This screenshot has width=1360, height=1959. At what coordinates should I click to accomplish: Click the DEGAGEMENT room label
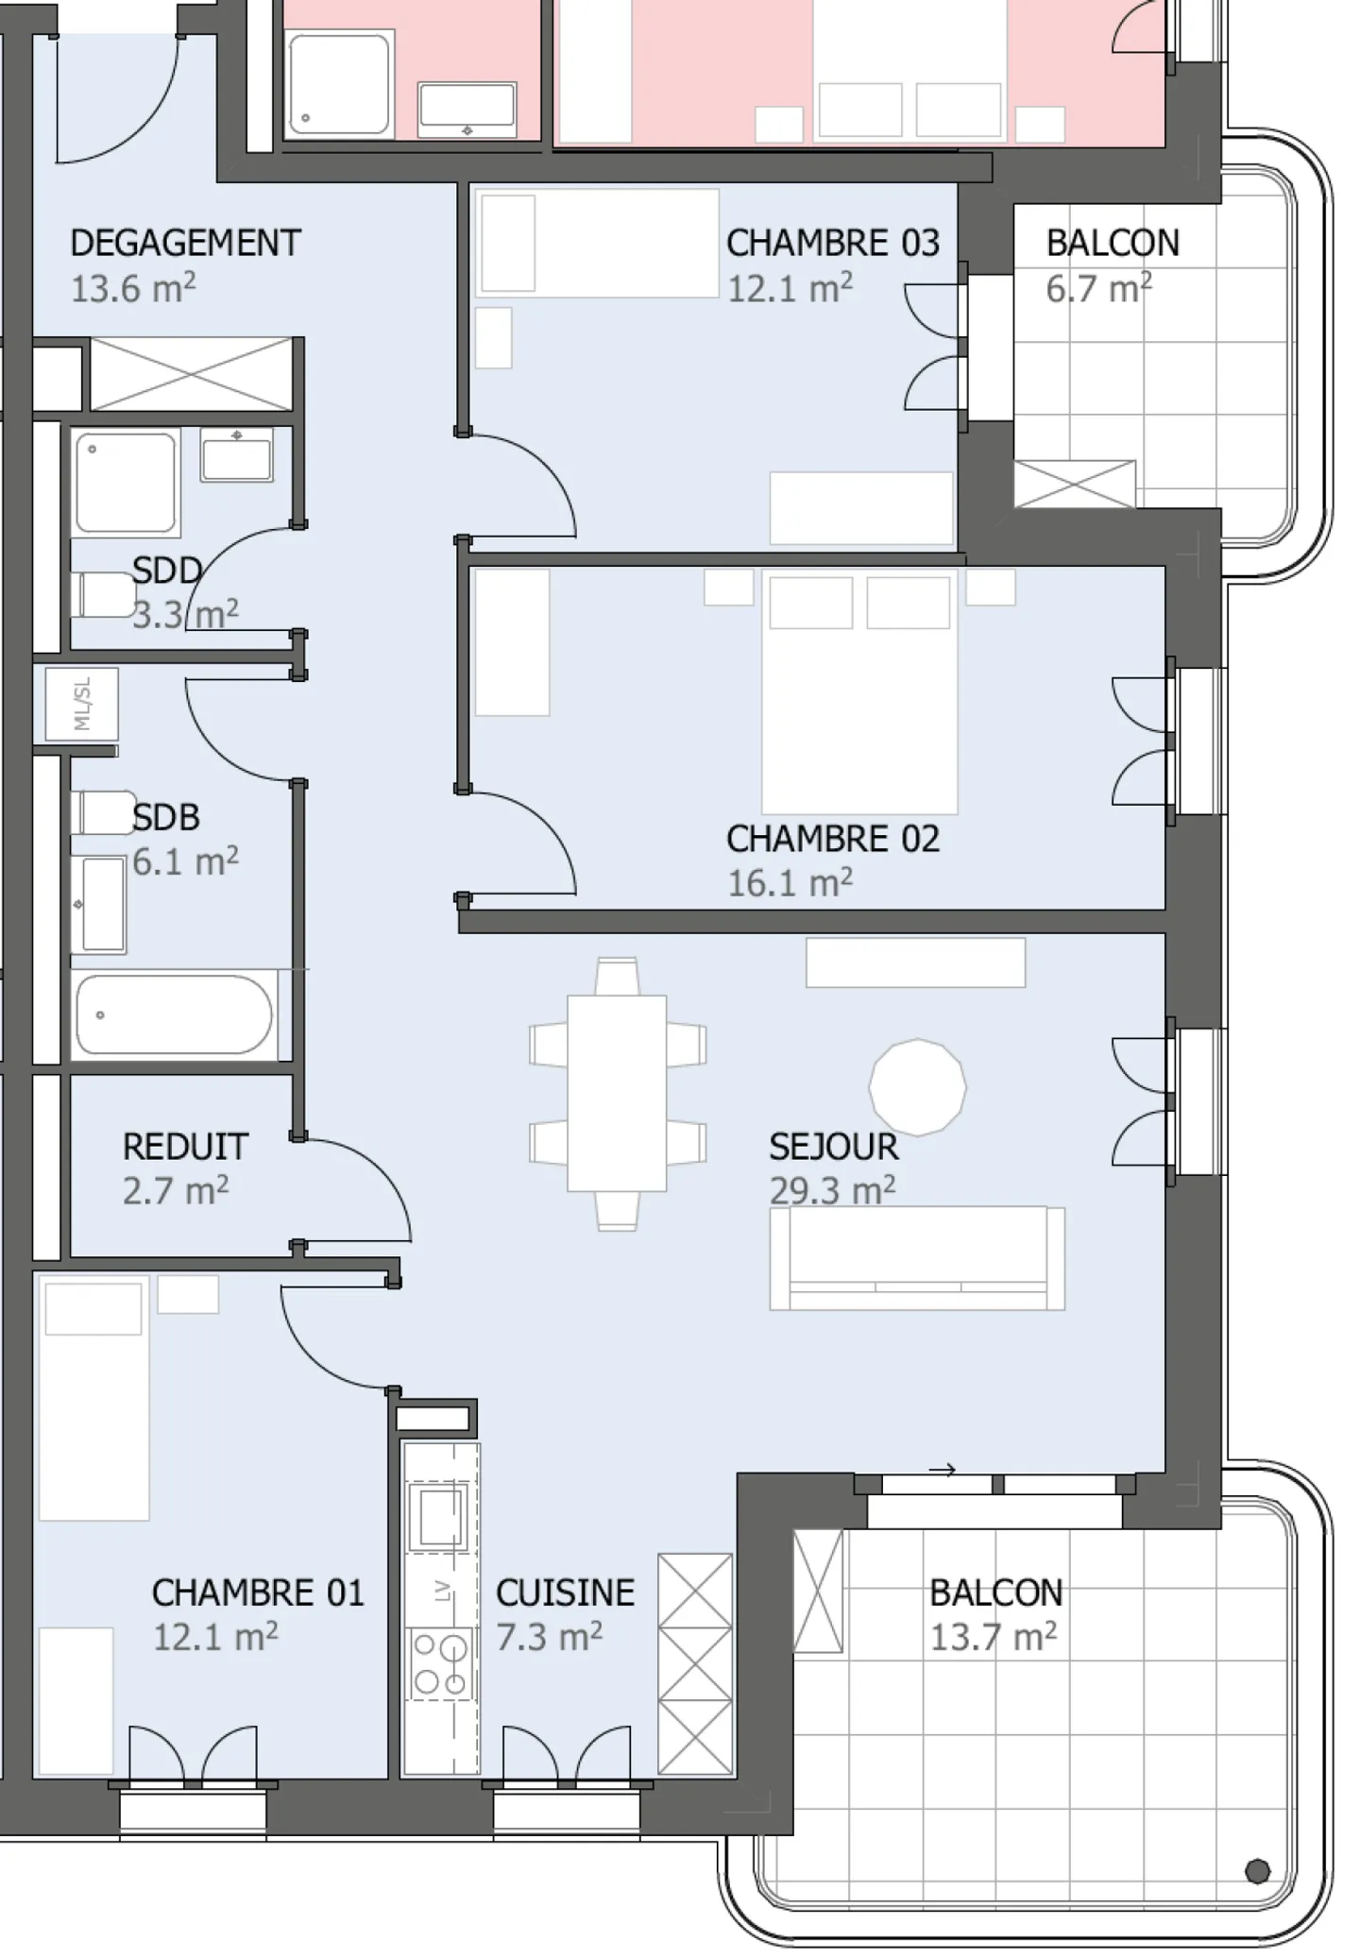point(185,244)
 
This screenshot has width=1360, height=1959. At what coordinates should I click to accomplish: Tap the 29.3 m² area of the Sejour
point(832,1190)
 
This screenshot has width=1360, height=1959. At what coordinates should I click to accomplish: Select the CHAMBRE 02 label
point(833,839)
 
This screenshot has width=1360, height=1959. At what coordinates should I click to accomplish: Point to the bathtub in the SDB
point(175,1015)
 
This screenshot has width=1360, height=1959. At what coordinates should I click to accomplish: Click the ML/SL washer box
point(82,704)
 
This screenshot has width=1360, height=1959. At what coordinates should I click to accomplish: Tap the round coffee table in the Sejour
point(917,1086)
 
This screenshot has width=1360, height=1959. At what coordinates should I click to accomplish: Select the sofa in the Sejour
point(917,1258)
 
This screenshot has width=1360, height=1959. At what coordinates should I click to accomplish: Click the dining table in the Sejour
point(617,1093)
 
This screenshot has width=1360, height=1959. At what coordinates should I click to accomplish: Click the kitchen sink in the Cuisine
point(438,1516)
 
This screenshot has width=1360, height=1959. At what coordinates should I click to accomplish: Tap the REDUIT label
point(185,1147)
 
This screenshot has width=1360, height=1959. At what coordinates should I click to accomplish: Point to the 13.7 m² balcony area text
point(994,1637)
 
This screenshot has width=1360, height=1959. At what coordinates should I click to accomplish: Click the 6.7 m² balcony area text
point(1098,288)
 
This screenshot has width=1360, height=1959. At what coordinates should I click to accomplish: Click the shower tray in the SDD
point(127,483)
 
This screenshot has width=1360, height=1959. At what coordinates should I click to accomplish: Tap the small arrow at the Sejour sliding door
point(943,1470)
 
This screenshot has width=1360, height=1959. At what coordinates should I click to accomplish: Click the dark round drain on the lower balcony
point(1257,1870)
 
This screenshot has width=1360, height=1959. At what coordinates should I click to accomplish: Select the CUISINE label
point(565,1593)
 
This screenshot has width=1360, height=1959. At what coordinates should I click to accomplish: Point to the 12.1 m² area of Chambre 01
point(215,1637)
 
